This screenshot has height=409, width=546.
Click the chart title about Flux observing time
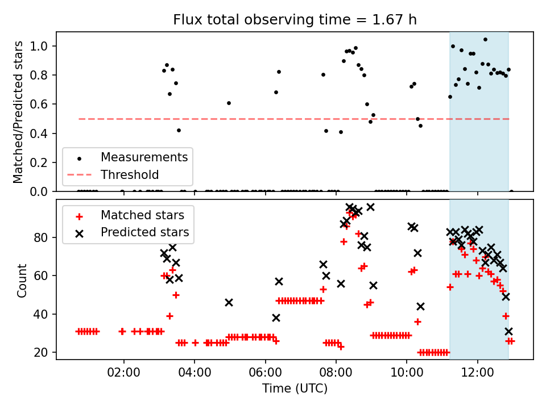(295, 20)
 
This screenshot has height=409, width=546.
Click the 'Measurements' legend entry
(144, 157)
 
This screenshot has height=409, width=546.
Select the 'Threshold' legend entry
(130, 174)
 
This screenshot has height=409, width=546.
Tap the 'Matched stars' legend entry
(142, 215)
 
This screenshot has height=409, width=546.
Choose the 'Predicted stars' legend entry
(144, 232)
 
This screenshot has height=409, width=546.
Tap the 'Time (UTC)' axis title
(295, 389)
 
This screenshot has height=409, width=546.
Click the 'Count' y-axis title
(22, 280)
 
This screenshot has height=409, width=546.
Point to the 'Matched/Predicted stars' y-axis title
(19, 112)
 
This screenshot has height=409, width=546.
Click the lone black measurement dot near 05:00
(229, 103)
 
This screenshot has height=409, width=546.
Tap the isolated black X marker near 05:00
(229, 303)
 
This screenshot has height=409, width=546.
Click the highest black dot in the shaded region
(485, 40)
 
